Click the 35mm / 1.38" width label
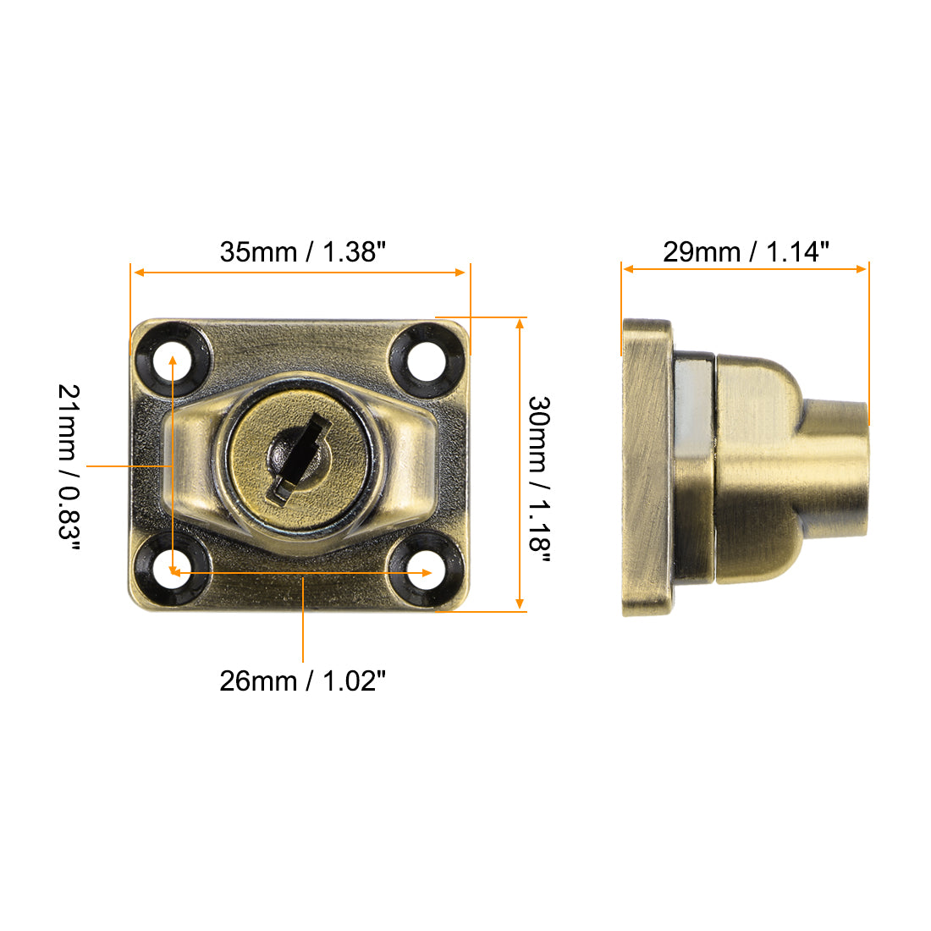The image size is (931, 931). (x=303, y=251)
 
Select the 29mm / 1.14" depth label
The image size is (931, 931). (x=746, y=251)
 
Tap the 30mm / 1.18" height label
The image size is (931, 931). (x=539, y=473)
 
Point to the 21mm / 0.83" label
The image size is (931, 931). (x=69, y=466)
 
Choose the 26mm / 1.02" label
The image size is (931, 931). (x=303, y=680)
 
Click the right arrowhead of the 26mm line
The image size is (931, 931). (x=427, y=573)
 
